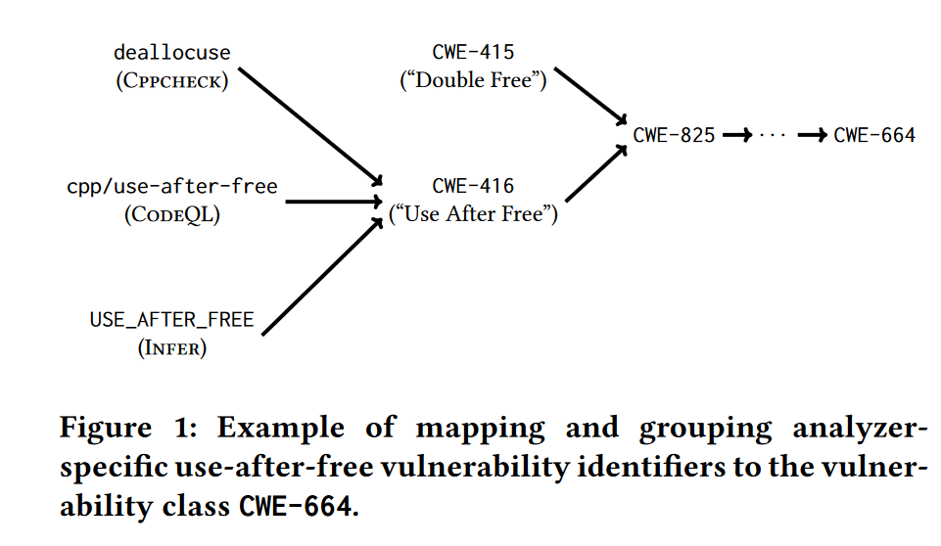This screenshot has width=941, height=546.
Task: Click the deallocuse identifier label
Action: coord(171,52)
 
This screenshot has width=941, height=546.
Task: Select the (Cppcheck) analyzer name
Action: coord(171,80)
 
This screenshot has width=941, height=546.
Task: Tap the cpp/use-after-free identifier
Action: coord(171,186)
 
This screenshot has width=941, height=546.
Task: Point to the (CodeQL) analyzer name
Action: coord(171,214)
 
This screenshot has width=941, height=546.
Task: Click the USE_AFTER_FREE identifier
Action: coord(171,319)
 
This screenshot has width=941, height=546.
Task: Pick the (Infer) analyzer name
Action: coord(171,347)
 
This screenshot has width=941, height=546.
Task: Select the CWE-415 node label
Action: coord(473,52)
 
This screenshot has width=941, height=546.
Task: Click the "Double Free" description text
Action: coord(473,80)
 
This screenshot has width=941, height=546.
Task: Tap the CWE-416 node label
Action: coord(473,186)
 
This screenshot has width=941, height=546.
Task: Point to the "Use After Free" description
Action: coord(473,214)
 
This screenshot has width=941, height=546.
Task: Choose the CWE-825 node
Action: coord(674,136)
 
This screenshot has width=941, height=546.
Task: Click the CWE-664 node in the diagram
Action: coord(874,136)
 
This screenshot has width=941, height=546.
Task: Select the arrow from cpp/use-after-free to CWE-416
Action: coord(333,202)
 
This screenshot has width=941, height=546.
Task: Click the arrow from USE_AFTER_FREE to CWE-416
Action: coord(322,277)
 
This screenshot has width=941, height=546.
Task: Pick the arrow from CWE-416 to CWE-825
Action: coord(595,173)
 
